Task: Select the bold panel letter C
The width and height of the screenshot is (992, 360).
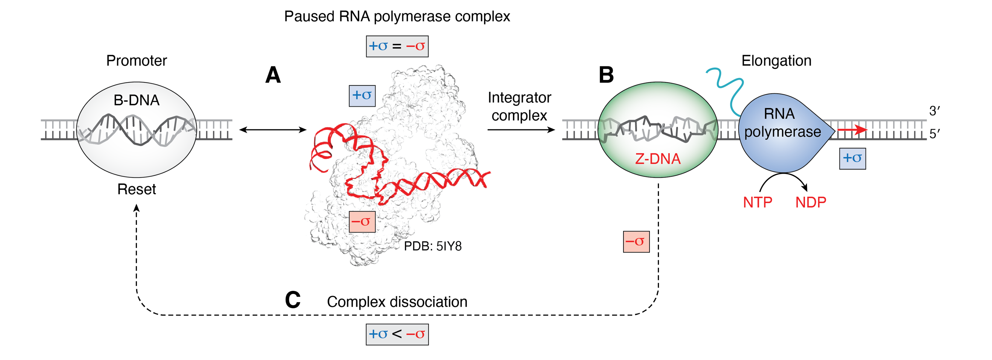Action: (293, 300)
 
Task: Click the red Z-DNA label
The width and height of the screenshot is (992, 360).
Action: (658, 159)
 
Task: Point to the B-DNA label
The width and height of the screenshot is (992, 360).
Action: (136, 100)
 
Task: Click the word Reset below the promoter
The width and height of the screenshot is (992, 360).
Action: (136, 189)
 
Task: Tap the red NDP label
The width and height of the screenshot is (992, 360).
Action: (811, 202)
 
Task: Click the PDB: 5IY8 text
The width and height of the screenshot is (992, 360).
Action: (433, 246)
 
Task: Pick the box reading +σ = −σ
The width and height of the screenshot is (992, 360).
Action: (397, 46)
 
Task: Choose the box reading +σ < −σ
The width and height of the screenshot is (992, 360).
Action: (397, 334)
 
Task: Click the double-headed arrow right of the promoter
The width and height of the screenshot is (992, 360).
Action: (273, 130)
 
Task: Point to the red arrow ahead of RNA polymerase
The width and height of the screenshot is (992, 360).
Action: (852, 130)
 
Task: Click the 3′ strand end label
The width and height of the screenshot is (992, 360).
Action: (934, 111)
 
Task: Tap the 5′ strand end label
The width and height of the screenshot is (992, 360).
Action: (934, 134)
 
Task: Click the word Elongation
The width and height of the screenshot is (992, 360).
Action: (776, 61)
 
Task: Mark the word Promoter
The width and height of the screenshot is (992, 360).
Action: (136, 61)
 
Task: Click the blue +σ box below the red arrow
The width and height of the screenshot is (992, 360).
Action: (852, 158)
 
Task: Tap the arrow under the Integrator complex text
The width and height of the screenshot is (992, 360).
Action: (521, 130)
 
